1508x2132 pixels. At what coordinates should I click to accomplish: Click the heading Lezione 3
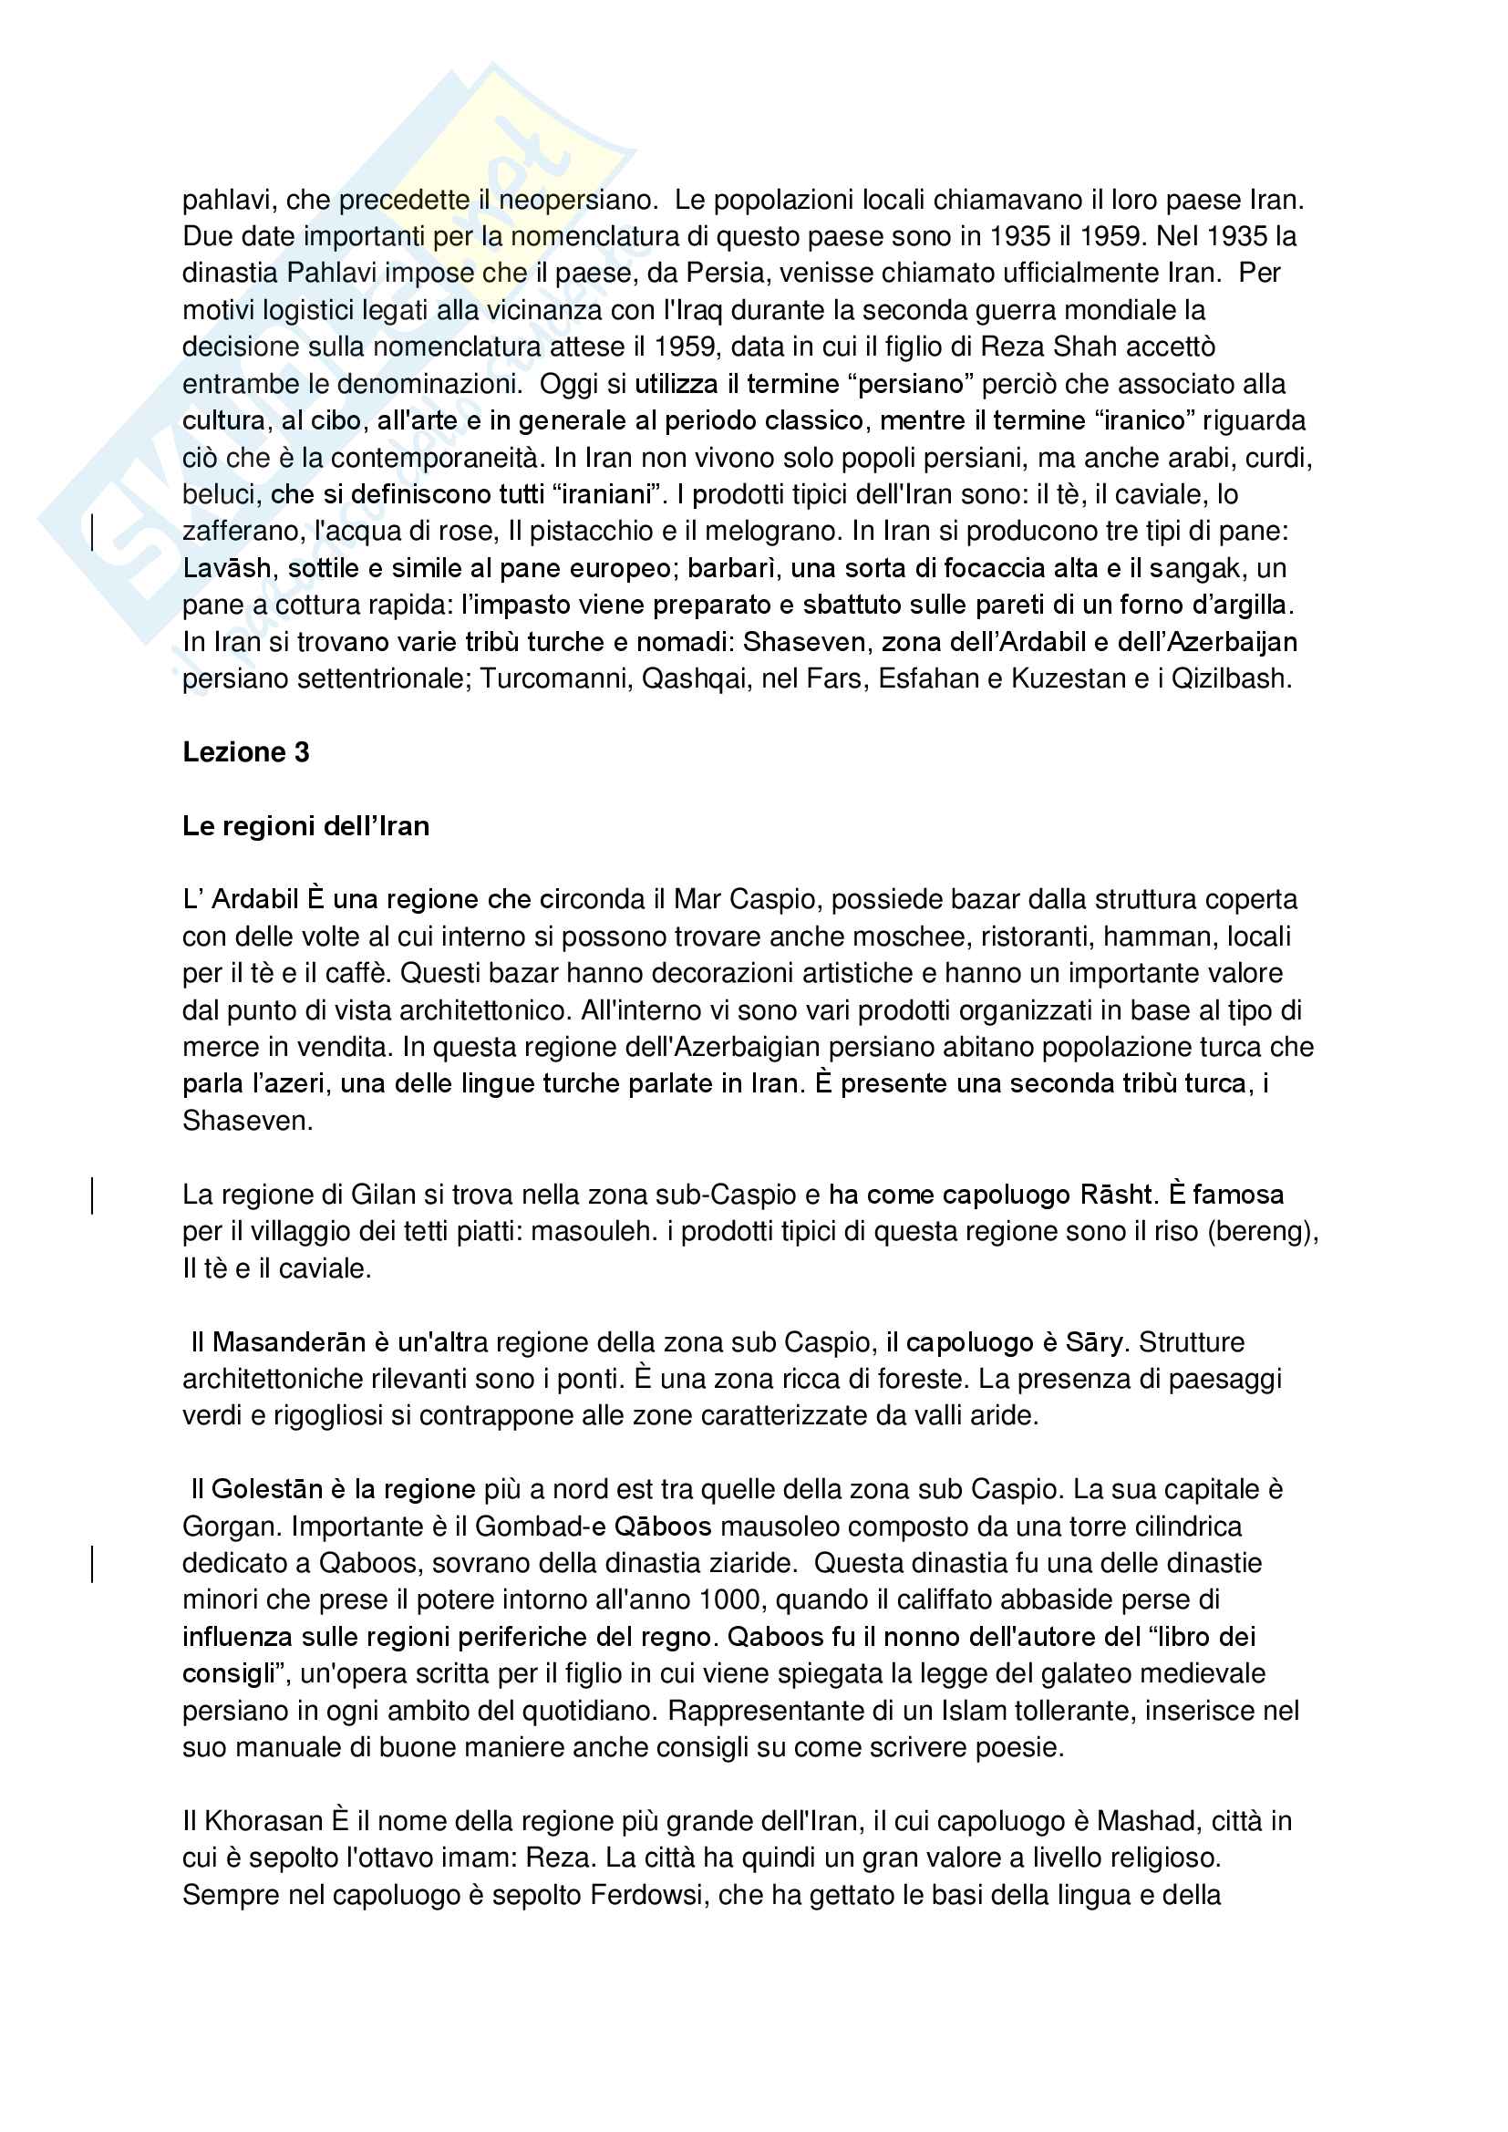pos(245,752)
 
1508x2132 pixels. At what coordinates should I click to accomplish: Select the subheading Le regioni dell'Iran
pos(305,825)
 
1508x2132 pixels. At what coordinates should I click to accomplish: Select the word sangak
pos(1201,568)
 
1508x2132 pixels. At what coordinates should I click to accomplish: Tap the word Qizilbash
pos(1230,678)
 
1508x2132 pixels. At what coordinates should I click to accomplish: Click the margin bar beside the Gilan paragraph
pos(92,1195)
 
